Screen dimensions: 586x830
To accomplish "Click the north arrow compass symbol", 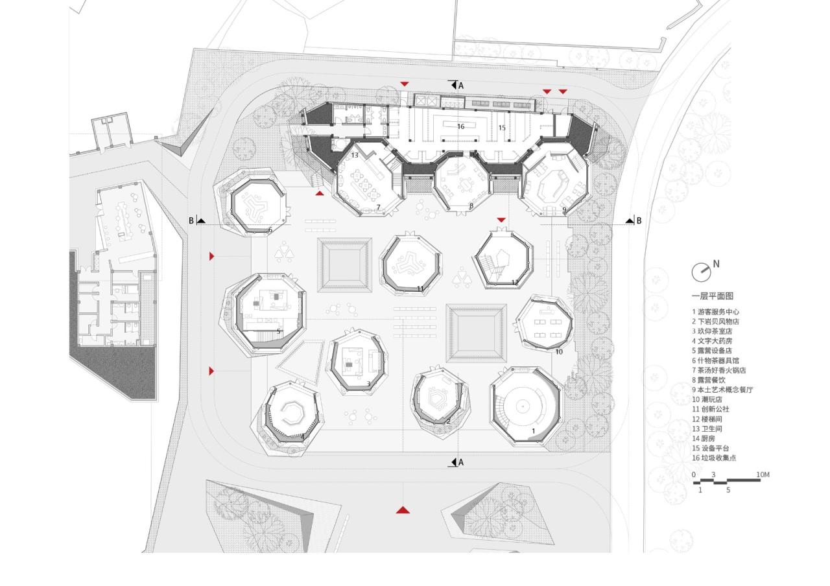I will (701, 272).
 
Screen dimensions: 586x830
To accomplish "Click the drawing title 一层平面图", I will (712, 296).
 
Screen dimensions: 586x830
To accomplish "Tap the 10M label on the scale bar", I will (763, 475).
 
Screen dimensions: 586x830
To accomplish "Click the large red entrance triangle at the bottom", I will (403, 510).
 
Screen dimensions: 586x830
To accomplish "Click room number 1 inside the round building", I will (534, 430).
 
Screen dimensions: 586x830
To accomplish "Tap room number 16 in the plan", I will (460, 126).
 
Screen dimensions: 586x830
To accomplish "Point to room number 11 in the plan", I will (420, 289).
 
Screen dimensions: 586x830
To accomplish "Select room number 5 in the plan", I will (279, 331).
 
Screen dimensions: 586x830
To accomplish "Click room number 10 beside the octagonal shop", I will (559, 352).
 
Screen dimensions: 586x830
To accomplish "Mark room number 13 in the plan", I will (355, 156).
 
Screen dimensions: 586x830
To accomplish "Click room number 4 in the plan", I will (302, 436).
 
